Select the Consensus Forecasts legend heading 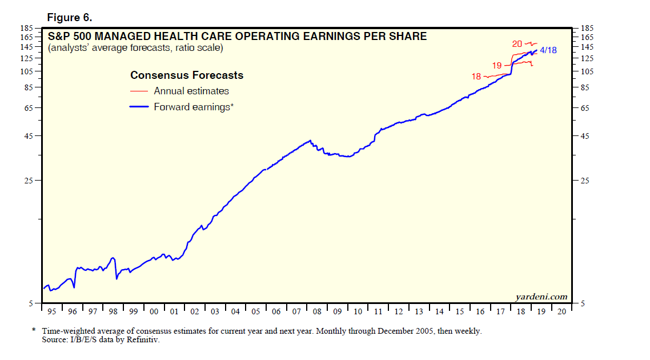[187, 75]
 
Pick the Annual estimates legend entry [191, 91]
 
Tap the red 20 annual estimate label [517, 43]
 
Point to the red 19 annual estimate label [497, 66]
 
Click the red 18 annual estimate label [476, 77]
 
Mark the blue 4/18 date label [548, 50]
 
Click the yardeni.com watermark [541, 297]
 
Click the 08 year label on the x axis [316, 311]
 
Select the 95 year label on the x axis [52, 311]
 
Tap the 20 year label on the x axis [561, 311]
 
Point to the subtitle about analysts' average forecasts [136, 48]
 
